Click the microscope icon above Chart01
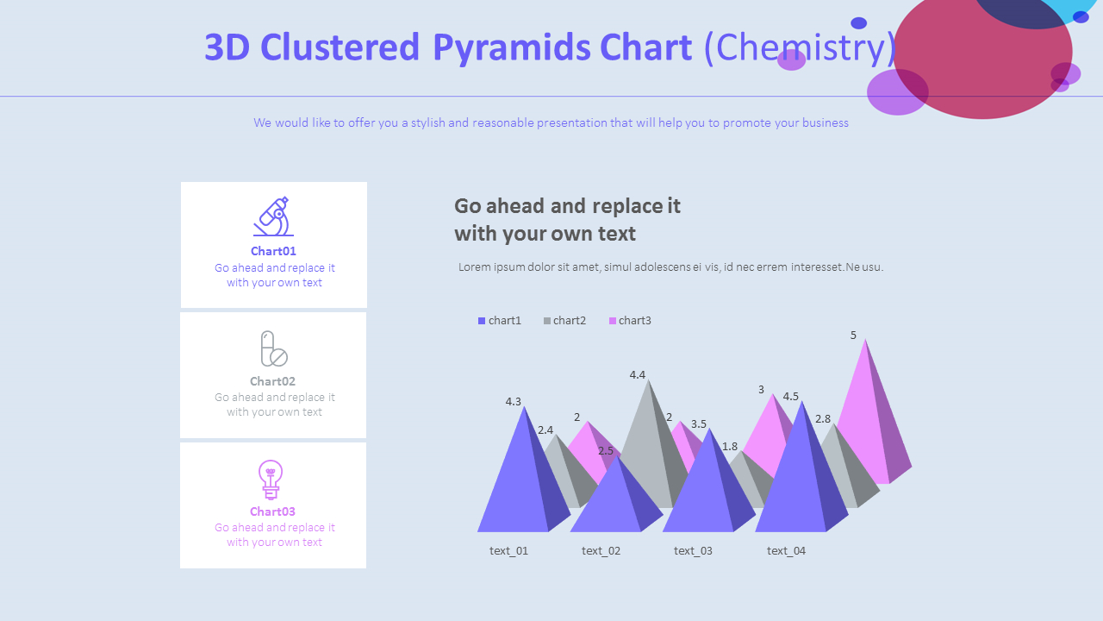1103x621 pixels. [x=273, y=216]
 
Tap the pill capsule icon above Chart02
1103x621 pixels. [x=273, y=348]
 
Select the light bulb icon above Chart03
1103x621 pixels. [x=271, y=480]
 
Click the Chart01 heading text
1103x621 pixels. [x=273, y=251]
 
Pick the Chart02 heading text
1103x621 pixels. [x=272, y=381]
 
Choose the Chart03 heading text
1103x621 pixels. [x=272, y=511]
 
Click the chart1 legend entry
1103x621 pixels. [x=500, y=321]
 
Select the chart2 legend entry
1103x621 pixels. [x=564, y=321]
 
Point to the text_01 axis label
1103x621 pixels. [x=508, y=551]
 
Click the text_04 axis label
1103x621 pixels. [x=786, y=551]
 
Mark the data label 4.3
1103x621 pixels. [x=514, y=402]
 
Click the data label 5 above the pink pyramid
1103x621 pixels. [x=853, y=336]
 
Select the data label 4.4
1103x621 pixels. [x=638, y=375]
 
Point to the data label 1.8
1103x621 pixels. [x=730, y=447]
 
